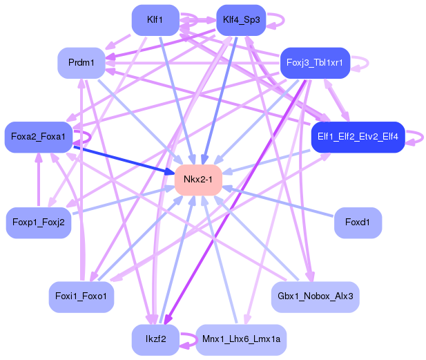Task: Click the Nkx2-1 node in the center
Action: (198, 180)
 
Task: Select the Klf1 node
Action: (155, 20)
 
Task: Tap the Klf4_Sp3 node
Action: (241, 20)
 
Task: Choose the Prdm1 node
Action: (81, 63)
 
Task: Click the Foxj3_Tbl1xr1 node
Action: (315, 63)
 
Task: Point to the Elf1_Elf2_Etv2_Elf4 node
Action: (358, 137)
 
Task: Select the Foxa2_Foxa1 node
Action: (39, 137)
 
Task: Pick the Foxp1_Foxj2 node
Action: (39, 222)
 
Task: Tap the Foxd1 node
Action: (358, 222)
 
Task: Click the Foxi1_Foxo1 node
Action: (81, 296)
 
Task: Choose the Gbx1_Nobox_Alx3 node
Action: (315, 296)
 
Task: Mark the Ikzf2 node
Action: (155, 339)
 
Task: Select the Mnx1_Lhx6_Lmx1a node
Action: (241, 339)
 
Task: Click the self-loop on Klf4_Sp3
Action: (284, 20)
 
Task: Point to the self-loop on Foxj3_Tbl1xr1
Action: (368, 63)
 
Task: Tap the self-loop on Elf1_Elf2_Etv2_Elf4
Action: (423, 137)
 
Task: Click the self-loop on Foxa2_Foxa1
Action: (90, 137)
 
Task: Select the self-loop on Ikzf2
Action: (197, 339)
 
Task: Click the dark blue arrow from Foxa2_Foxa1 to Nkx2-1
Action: (124, 160)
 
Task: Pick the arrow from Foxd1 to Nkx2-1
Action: (278, 202)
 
